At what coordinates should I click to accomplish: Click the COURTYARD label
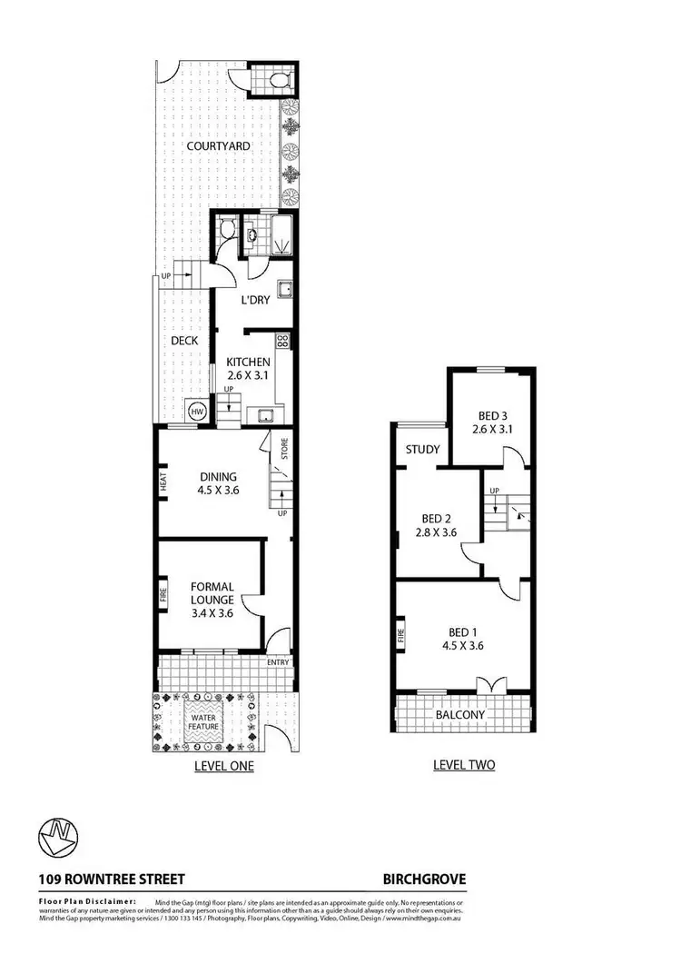point(218,145)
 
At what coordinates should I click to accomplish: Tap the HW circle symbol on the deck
point(196,412)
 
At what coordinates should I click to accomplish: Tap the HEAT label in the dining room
point(164,482)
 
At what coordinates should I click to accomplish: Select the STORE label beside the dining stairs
point(284,449)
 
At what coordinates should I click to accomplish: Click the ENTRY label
point(278,662)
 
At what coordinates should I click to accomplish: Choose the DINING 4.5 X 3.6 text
point(218,483)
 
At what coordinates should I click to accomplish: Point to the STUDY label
point(422,449)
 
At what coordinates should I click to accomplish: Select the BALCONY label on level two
point(459,715)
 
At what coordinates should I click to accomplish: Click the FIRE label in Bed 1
point(400,637)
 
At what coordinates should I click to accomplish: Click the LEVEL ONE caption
point(224,766)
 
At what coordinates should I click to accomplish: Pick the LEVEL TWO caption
point(463,765)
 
